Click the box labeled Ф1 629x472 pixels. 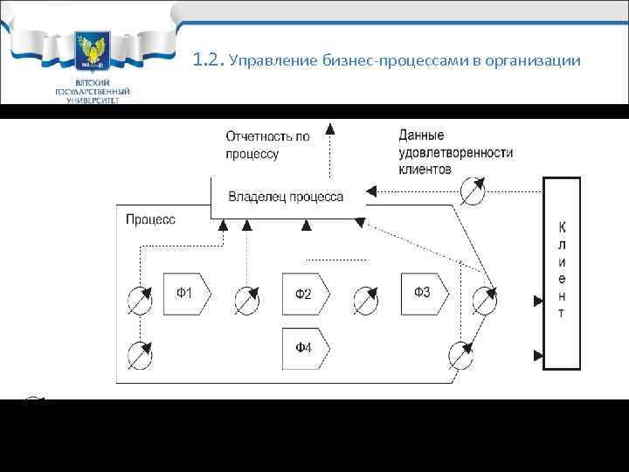184,294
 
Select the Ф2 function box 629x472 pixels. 303,294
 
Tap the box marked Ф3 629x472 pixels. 423,292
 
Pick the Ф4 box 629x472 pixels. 303,347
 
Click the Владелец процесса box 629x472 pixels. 287,198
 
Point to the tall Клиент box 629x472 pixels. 561,273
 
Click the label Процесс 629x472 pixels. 150,219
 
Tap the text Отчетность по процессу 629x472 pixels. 267,145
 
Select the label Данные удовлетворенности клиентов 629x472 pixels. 454,151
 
